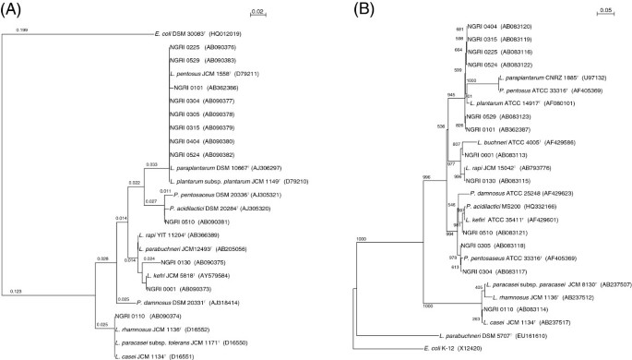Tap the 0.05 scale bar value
pyautogui.click(x=607, y=11)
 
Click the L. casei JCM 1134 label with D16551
pyautogui.click(x=143, y=354)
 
